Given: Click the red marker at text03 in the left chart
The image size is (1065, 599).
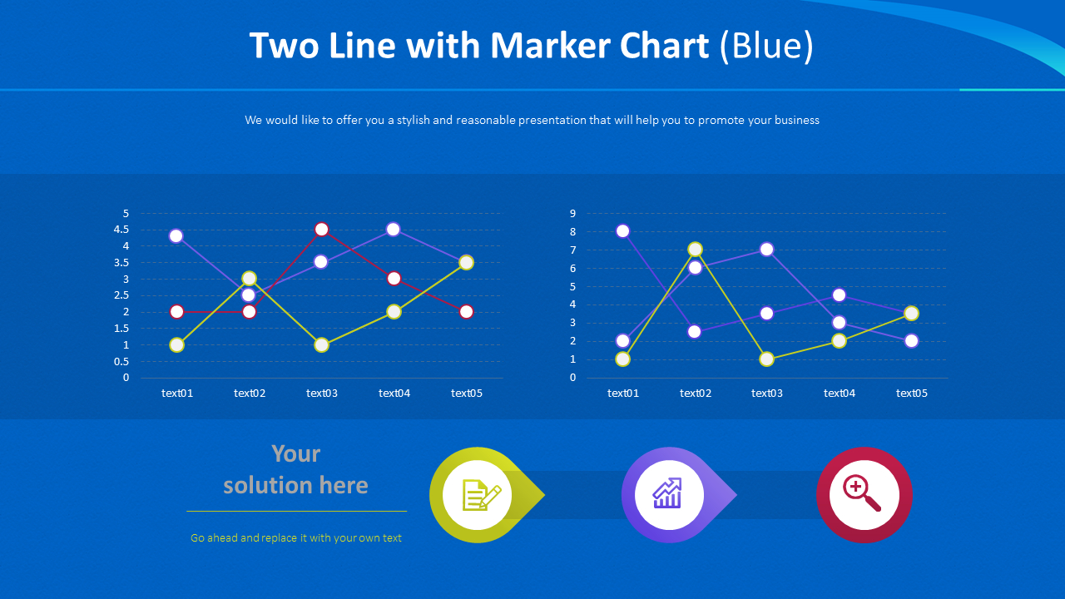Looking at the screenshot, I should coord(322,230).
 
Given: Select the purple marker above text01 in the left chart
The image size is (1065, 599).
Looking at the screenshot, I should coord(176,236).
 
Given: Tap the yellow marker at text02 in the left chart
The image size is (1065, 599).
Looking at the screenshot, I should coord(249,279).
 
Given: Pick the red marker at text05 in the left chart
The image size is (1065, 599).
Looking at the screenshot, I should coord(466,312).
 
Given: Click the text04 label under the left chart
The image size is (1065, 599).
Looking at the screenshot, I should coord(394,394).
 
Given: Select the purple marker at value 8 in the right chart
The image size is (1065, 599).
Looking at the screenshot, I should coord(622,231).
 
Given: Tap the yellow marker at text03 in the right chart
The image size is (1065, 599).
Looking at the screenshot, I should coord(766,359).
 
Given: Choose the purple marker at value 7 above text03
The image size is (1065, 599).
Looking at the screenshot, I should coord(766,250).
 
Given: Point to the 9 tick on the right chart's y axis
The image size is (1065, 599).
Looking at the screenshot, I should coord(573,214).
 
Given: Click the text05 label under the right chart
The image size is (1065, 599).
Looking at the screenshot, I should coord(911,394).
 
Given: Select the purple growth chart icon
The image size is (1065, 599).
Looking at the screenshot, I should coord(668,495).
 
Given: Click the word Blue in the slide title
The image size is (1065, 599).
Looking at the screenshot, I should coord(767,47).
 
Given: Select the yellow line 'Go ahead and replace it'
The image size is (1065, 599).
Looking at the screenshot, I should coord(296,538).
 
